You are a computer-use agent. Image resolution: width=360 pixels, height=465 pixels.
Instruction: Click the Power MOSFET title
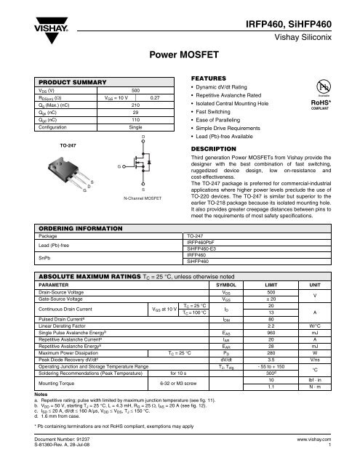point(180,53)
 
